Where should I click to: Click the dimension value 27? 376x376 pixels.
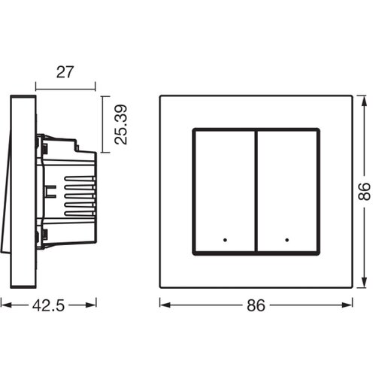(65, 72)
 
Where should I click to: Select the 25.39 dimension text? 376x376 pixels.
(121, 125)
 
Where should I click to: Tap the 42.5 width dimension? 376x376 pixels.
(48, 305)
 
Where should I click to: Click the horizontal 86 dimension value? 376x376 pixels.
(256, 305)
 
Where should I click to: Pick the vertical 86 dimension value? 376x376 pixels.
(364, 192)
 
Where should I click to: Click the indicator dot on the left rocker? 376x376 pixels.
(225, 240)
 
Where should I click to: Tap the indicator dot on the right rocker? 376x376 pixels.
(287, 240)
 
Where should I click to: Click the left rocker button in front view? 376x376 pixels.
(225, 192)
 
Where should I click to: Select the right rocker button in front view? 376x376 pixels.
(288, 192)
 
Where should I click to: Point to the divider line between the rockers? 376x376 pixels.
(256, 192)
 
